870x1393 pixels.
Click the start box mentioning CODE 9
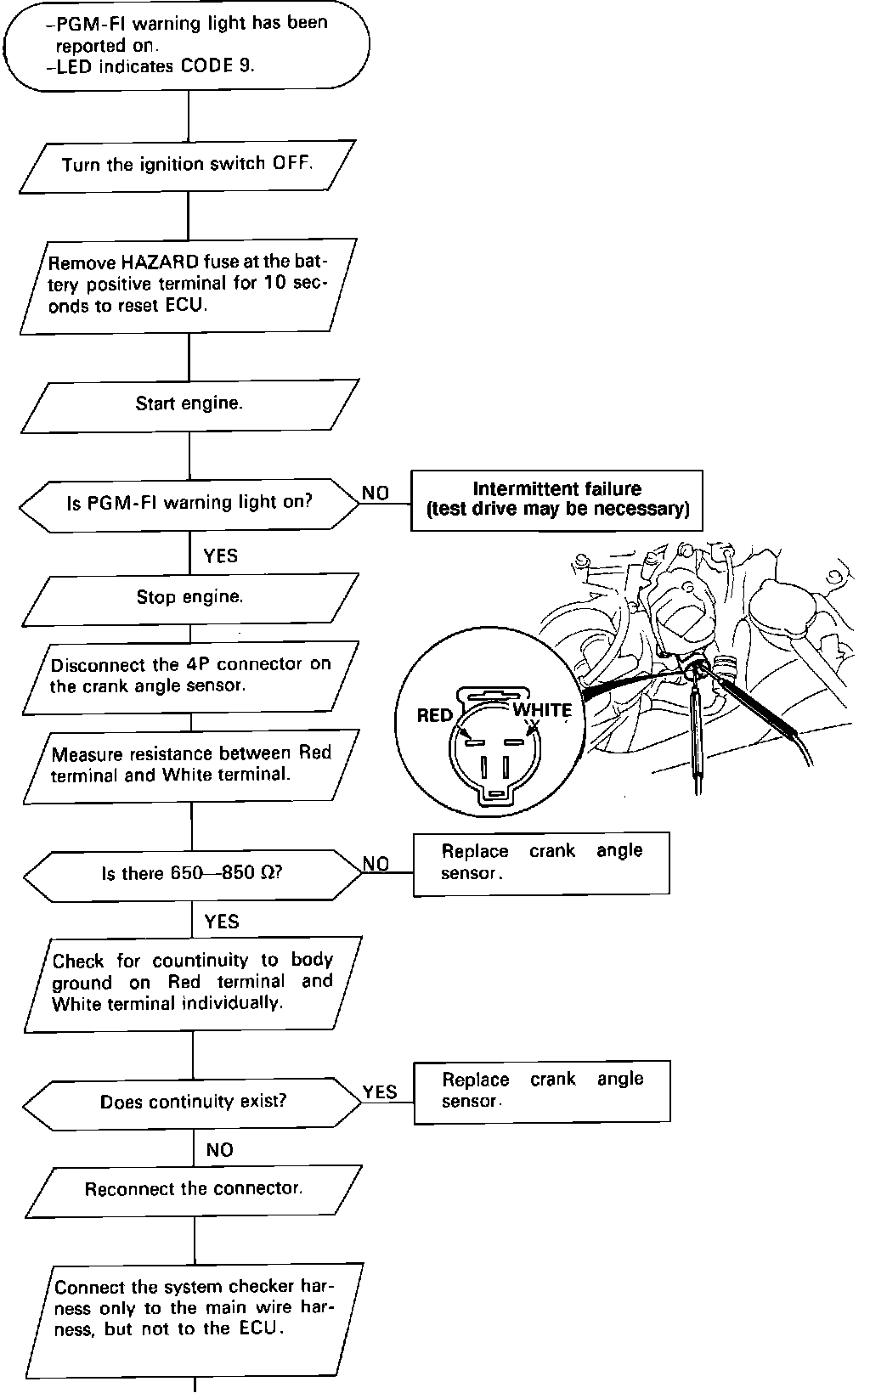click(187, 45)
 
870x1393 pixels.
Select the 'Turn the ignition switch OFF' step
click(187, 164)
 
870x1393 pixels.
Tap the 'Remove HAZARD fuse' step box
click(187, 285)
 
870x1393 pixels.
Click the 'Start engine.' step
click(189, 403)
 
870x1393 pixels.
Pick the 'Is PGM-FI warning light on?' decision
click(189, 503)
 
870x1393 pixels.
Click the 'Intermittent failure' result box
click(556, 499)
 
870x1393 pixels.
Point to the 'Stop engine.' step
click(189, 597)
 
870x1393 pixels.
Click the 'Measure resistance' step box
click(190, 764)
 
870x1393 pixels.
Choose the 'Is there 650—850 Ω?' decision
click(192, 873)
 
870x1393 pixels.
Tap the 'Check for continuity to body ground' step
click(193, 982)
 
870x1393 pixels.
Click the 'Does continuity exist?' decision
click(193, 1103)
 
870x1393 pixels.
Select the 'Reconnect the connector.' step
click(194, 1189)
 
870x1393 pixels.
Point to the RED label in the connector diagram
click(435, 715)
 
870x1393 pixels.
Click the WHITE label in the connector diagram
click(542, 710)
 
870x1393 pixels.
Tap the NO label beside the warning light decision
click(376, 493)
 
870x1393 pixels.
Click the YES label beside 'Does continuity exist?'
click(380, 1092)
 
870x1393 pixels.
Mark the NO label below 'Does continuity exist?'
click(219, 1150)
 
